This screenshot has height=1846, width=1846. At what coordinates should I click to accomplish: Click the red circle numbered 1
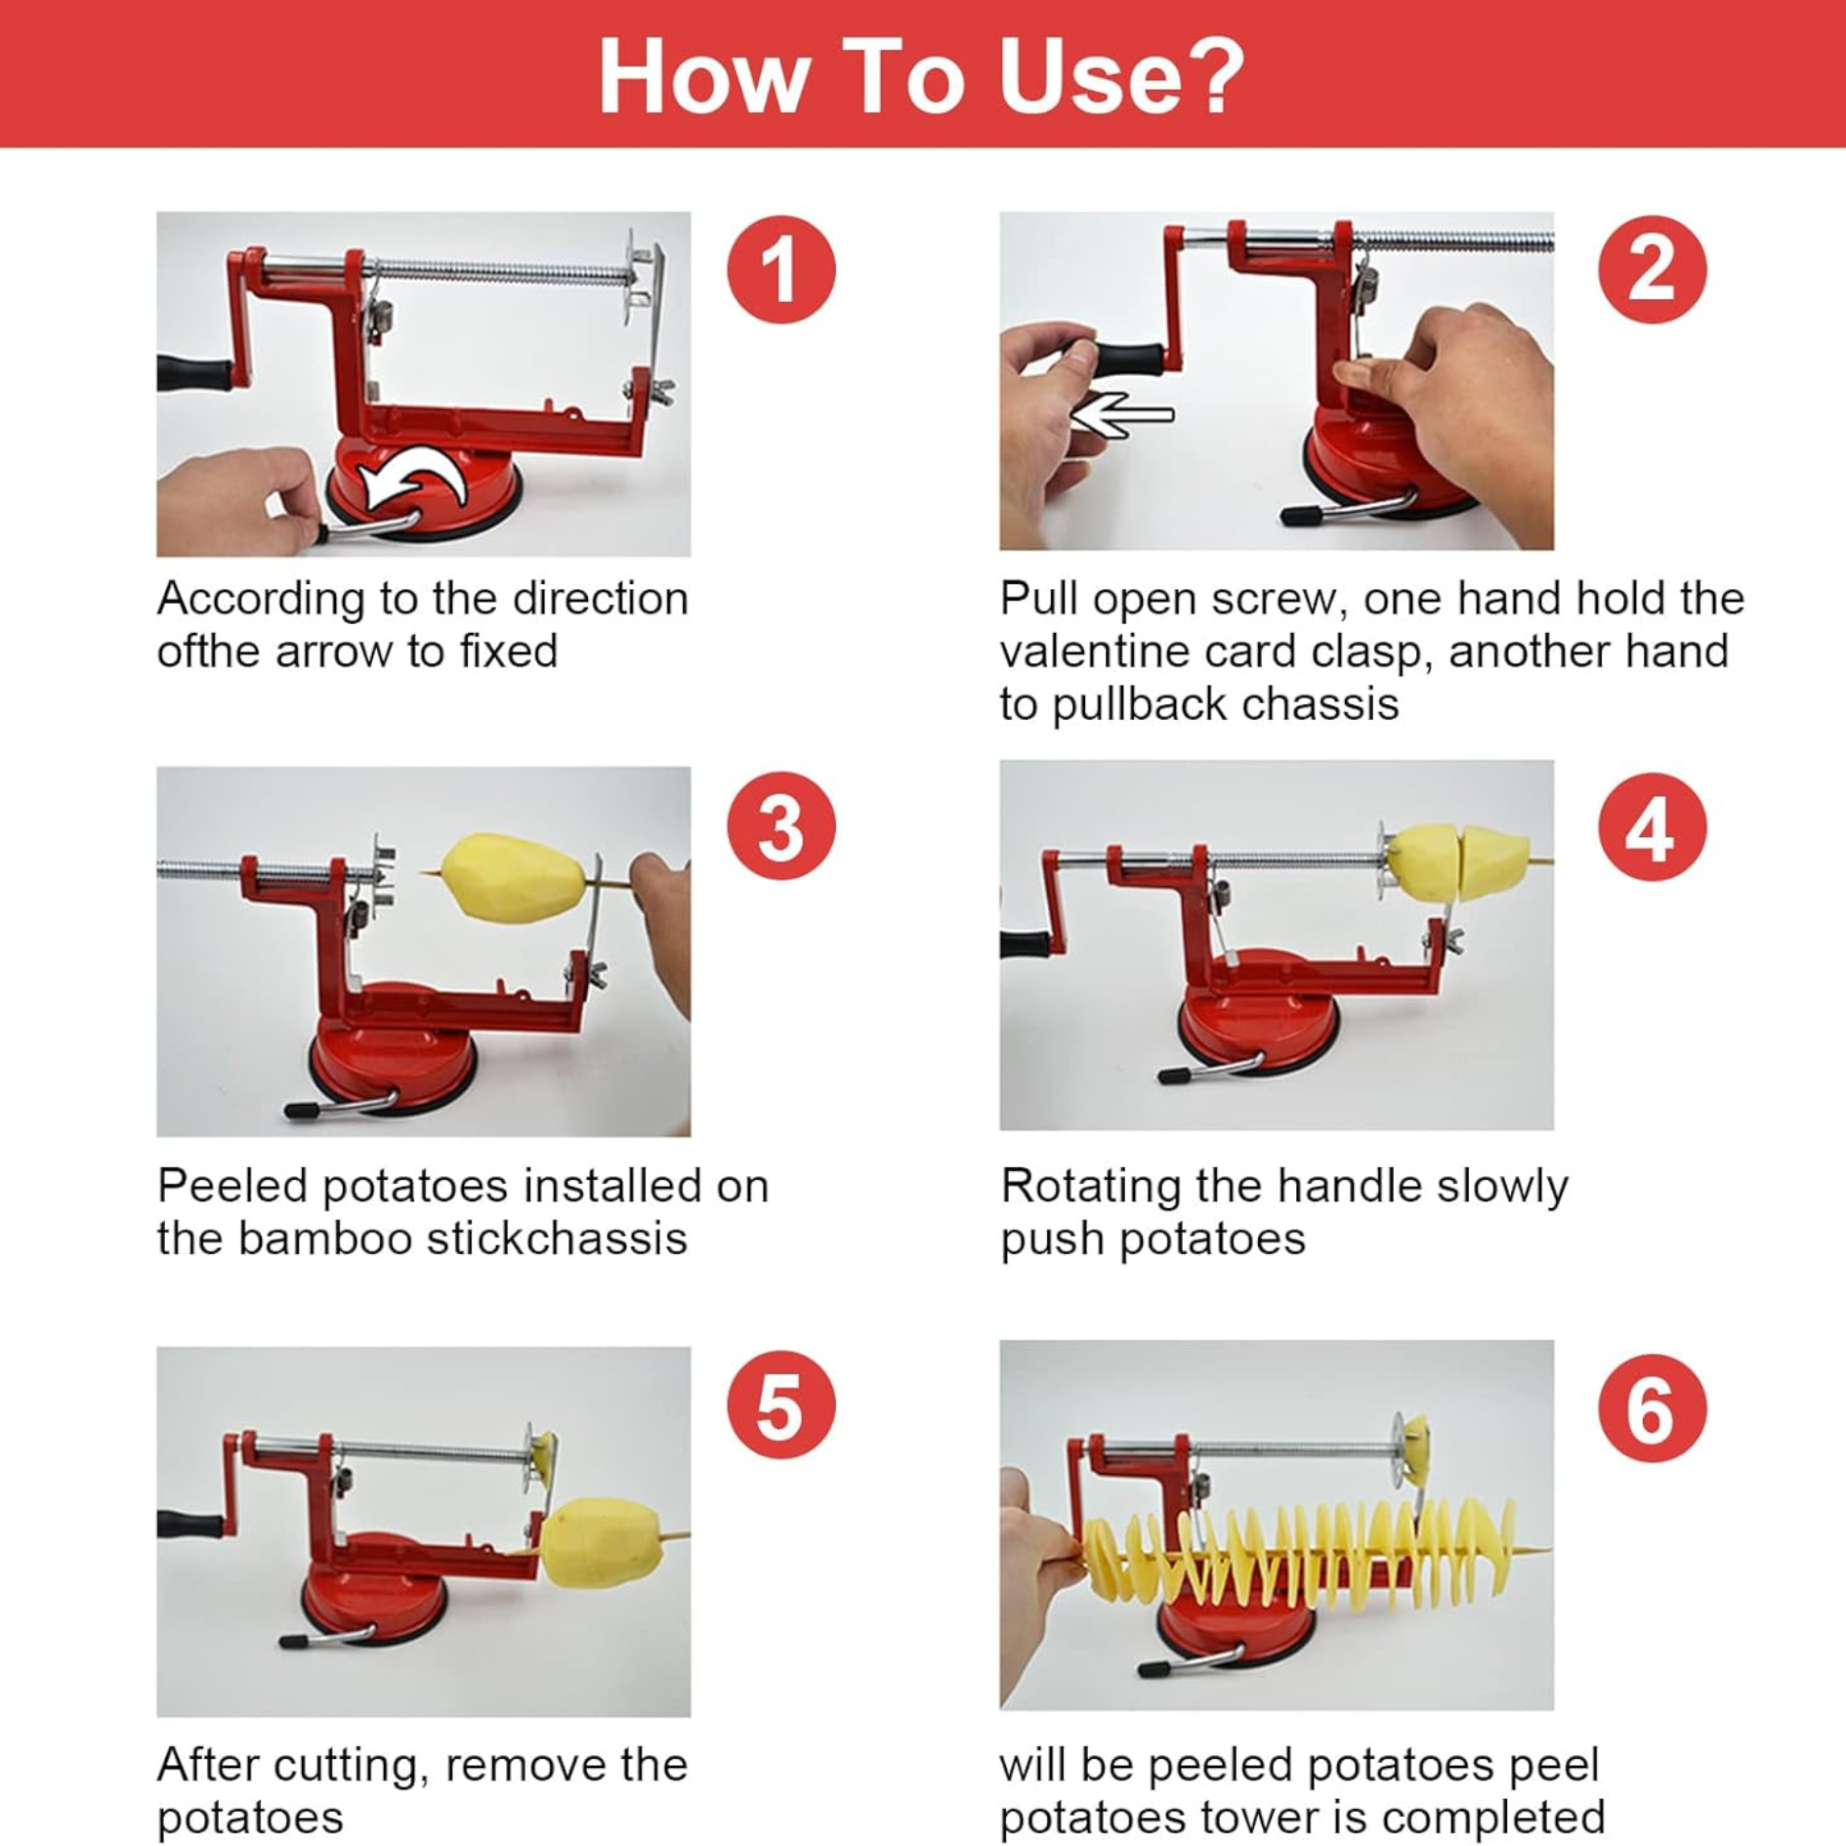pyautogui.click(x=781, y=270)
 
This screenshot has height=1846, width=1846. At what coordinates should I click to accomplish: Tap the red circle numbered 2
pyautogui.click(x=1653, y=270)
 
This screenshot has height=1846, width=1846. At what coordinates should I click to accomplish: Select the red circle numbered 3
pyautogui.click(x=781, y=826)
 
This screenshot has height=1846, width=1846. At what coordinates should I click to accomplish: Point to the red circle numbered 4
pyautogui.click(x=1653, y=827)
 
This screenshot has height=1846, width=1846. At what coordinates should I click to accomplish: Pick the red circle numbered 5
pyautogui.click(x=781, y=1405)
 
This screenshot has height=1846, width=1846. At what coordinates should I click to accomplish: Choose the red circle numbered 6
pyautogui.click(x=1653, y=1407)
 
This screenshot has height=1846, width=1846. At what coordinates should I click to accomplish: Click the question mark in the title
pyautogui.click(x=1208, y=75)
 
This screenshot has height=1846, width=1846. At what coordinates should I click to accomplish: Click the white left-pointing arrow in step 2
pyautogui.click(x=1122, y=415)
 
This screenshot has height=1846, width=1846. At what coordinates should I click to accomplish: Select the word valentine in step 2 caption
pyautogui.click(x=1093, y=651)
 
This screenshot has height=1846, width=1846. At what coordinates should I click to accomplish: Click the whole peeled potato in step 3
pyautogui.click(x=513, y=876)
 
